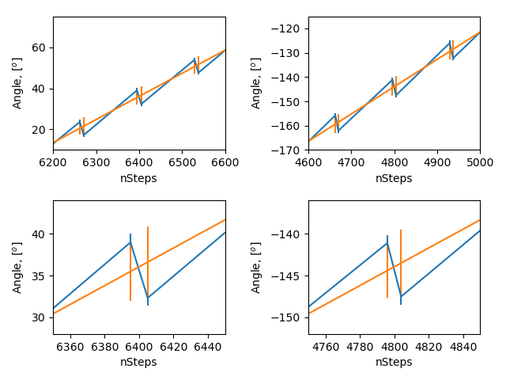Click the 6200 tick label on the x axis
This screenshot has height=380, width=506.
53,162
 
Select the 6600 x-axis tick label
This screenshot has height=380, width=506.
225,162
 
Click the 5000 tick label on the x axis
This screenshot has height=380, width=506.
480,162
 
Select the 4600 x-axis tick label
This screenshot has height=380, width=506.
308,162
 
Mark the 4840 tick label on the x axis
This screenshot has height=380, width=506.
463,346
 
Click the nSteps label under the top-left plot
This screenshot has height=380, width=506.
139,178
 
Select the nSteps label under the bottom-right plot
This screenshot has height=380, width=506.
394,362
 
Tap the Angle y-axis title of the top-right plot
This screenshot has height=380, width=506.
256,84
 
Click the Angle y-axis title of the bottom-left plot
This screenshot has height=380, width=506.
17,268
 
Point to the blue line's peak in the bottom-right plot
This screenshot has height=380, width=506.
387,242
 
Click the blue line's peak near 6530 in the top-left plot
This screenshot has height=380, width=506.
194,59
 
